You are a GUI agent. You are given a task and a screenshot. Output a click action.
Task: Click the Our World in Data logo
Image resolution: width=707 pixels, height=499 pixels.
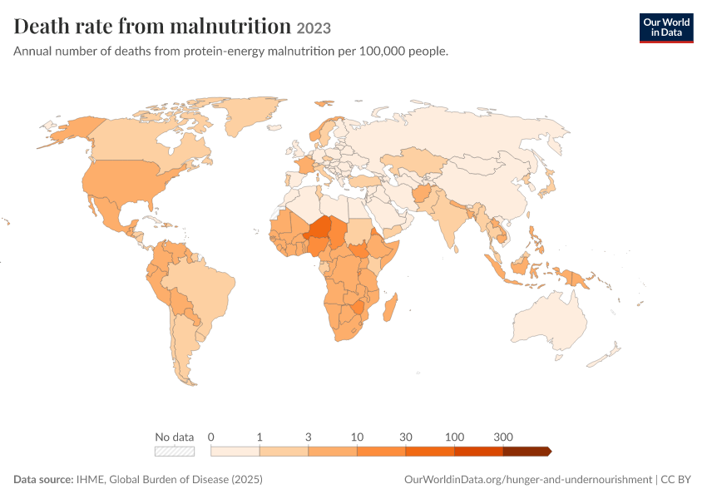666,28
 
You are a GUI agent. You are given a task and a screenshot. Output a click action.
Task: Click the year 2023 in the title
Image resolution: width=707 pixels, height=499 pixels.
314,28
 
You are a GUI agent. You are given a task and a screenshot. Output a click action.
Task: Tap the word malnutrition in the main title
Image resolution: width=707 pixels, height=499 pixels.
230,26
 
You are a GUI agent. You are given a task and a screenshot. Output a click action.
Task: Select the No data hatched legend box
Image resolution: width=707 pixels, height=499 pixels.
175,452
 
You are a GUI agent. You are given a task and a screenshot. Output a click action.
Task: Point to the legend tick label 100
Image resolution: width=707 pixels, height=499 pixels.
454,437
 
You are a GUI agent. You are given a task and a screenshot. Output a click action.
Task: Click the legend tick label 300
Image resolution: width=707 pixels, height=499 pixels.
502,437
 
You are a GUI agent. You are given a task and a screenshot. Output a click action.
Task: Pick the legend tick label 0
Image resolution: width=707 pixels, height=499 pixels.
210,437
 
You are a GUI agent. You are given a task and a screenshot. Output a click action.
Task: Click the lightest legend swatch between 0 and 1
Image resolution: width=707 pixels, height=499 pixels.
235,452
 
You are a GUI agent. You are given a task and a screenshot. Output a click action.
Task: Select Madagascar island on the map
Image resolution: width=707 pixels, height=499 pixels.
390,307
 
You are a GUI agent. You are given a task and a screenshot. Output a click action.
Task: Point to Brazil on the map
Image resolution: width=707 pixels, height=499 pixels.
203,293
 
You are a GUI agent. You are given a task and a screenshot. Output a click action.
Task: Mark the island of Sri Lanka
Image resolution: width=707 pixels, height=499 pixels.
457,249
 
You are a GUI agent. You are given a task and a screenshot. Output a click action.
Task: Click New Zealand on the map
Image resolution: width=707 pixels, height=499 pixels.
605,355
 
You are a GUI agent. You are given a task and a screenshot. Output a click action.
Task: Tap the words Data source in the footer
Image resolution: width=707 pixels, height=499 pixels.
43,479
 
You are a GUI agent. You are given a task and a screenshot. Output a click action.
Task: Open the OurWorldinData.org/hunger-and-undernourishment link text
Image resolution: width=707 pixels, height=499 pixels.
528,480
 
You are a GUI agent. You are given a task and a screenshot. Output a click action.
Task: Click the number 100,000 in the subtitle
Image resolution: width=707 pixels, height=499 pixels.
382,52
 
